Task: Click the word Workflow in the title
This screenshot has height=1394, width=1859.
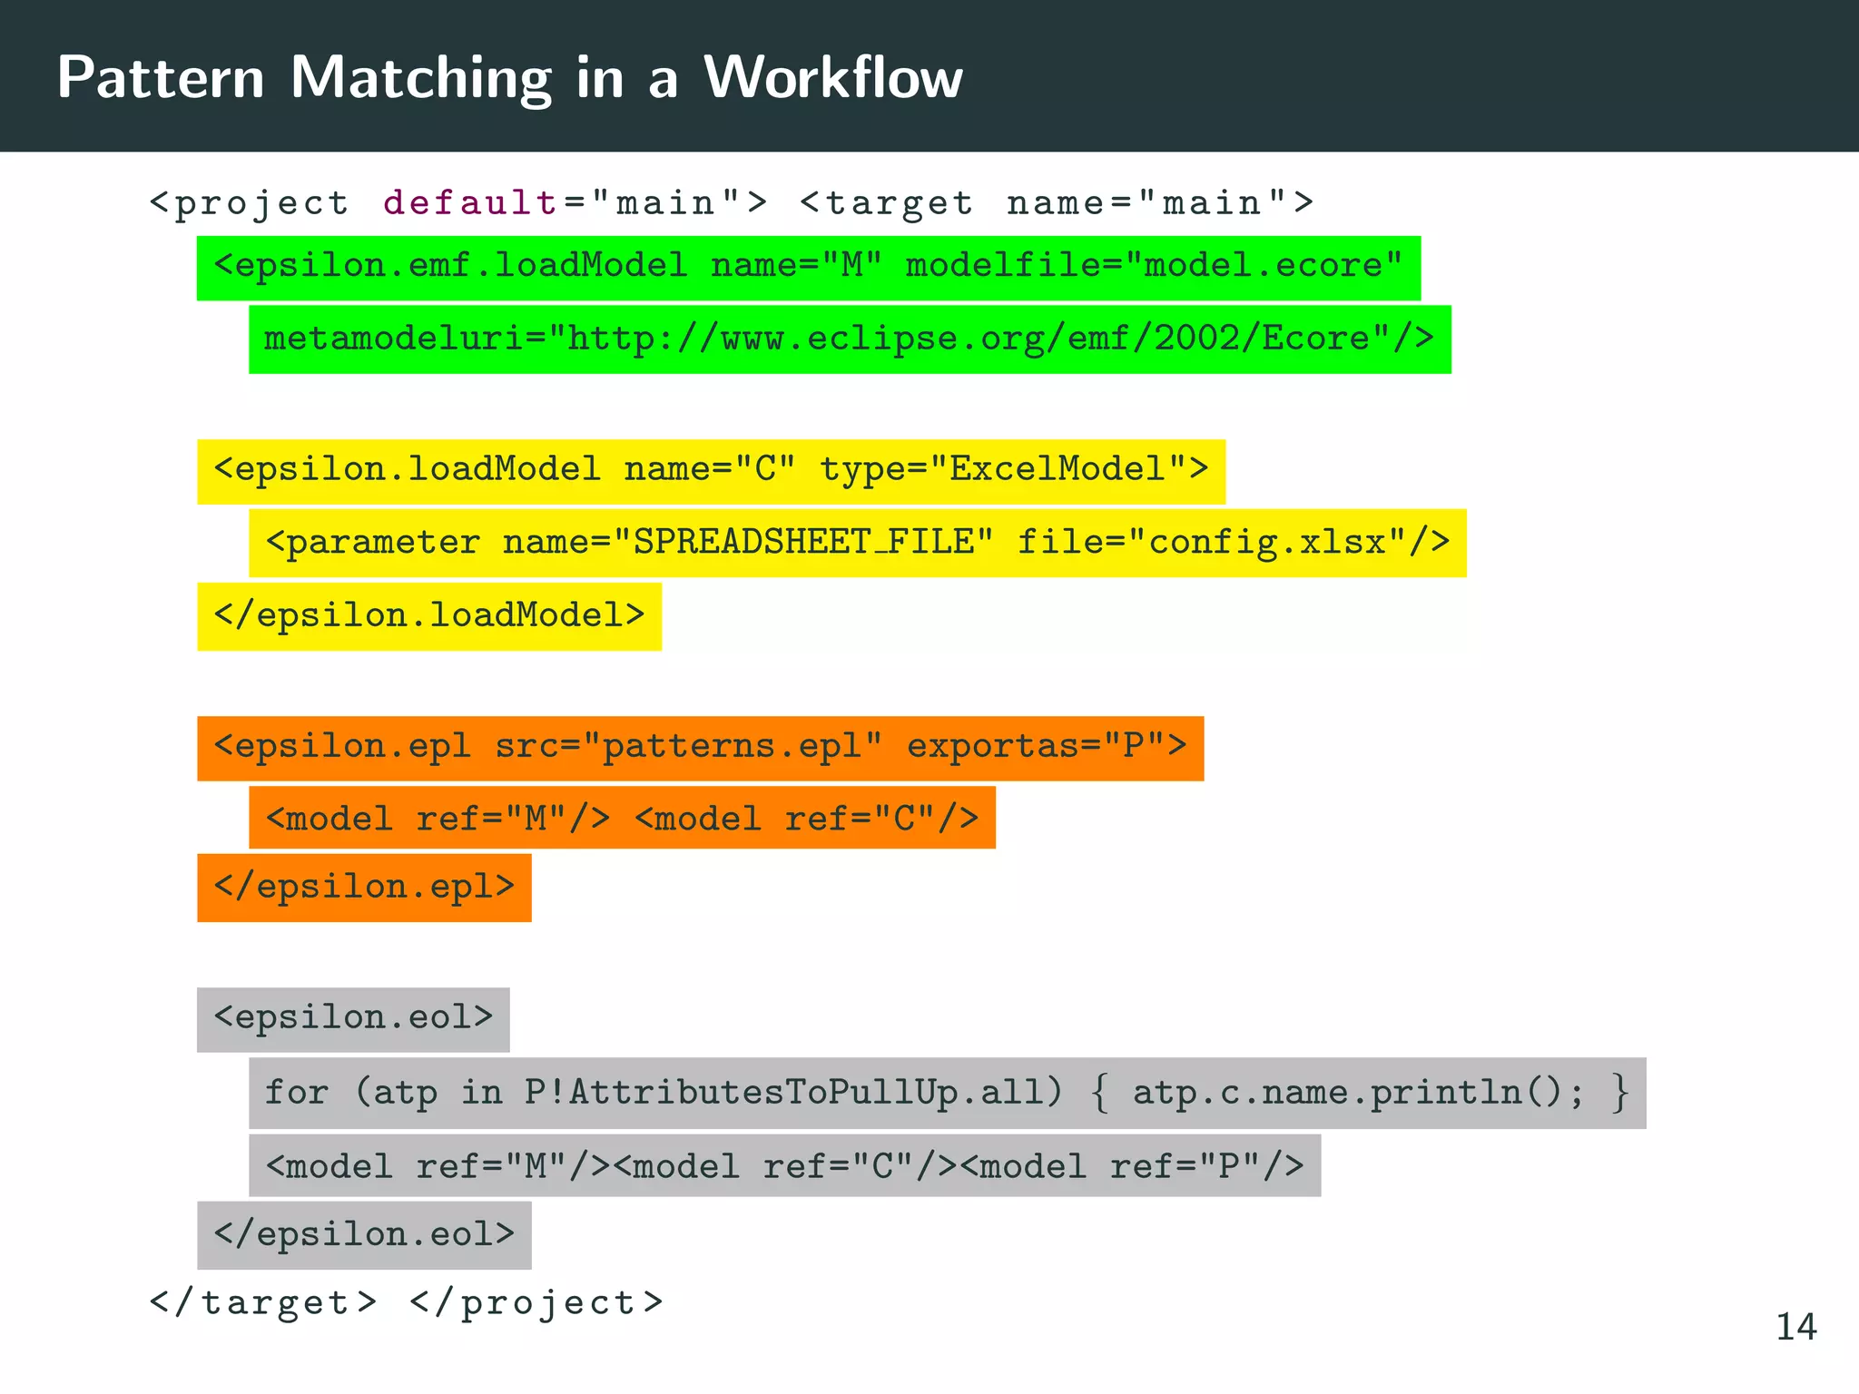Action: click(833, 78)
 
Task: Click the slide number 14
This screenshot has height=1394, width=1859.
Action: click(1795, 1327)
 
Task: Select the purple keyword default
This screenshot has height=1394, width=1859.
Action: click(470, 202)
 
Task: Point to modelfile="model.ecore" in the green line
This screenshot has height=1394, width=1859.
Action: click(1154, 266)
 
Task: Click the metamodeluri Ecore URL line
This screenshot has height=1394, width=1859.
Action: click(849, 339)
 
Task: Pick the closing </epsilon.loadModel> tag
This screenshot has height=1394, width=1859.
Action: click(428, 616)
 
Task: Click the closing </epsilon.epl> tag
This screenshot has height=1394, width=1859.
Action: click(364, 887)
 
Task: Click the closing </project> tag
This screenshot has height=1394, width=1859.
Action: click(536, 1303)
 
